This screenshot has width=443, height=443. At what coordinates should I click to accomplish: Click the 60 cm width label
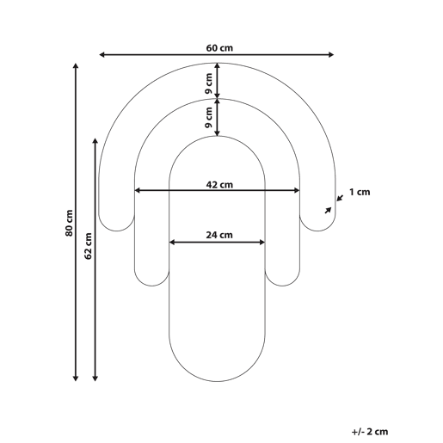(x=219, y=48)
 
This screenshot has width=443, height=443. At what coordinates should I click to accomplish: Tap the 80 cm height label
(x=69, y=223)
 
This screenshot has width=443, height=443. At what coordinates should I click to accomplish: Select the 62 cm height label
(x=88, y=246)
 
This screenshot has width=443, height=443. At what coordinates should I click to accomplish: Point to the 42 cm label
(x=219, y=185)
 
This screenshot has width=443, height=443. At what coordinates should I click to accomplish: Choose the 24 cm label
(x=219, y=235)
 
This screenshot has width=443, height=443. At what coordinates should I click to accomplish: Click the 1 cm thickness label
(x=360, y=192)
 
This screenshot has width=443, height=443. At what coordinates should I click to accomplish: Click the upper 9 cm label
(x=209, y=83)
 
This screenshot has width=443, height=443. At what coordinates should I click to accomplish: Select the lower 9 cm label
(x=209, y=117)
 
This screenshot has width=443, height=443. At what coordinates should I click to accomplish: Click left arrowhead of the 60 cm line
(x=102, y=54)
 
